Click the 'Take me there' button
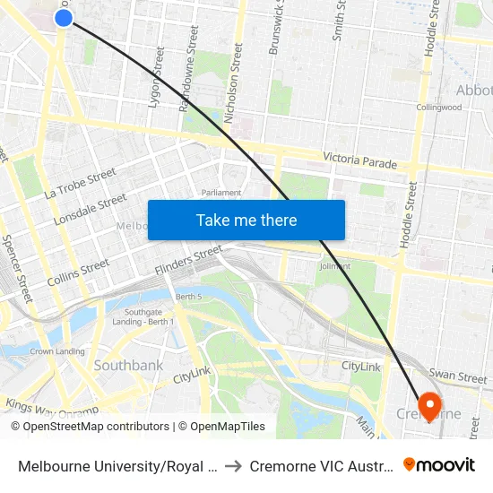coord(246,220)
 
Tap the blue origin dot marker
coord(64,17)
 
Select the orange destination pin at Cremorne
coord(429,406)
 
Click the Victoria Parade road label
coord(359,160)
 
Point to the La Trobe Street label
coord(80,183)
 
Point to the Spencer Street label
coord(17,268)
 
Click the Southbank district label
coord(128,366)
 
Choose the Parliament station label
coord(221,193)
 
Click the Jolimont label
coord(334,266)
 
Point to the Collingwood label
coord(438,108)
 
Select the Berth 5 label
coord(188,297)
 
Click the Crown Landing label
coord(57,351)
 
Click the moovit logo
coord(438,464)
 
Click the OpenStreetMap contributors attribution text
coord(91,427)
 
